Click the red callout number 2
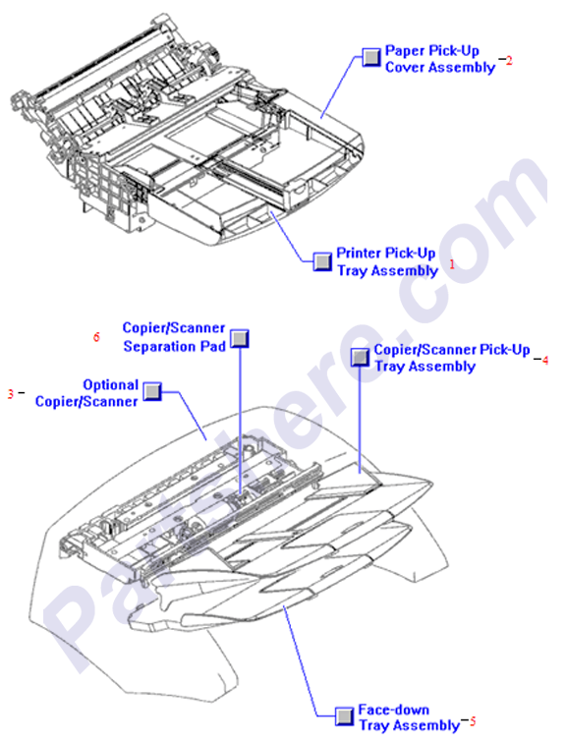509,60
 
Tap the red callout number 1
452,263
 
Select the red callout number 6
96,337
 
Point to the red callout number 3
11,393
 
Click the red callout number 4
544,360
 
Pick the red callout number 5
472,721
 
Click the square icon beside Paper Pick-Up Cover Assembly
370,57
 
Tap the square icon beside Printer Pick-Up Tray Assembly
322,261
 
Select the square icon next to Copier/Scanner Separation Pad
240,338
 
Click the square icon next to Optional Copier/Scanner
152,392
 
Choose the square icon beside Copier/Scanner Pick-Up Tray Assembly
361,357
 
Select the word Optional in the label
110,385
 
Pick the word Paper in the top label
403,50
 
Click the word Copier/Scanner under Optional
86,401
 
